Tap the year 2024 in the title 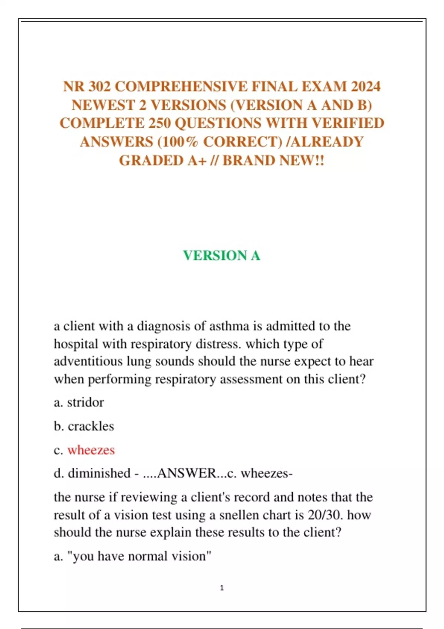pos(365,87)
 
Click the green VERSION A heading pos(222,256)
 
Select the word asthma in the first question pos(229,326)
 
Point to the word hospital pos(76,344)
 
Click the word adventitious pos(88,361)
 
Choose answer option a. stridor pos(79,403)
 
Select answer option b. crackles pos(84,426)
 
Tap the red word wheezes pos(91,450)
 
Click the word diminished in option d pos(99,474)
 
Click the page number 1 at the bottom pos(222,588)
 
